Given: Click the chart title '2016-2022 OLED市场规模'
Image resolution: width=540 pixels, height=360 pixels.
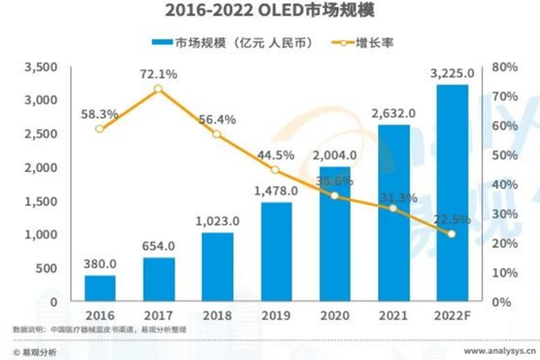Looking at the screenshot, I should (269, 13).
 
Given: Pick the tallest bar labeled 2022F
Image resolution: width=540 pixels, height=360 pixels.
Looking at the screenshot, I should (452, 193).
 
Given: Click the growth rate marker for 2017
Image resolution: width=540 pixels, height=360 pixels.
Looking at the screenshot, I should (158, 88).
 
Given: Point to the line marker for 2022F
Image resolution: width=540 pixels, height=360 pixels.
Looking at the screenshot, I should (452, 234).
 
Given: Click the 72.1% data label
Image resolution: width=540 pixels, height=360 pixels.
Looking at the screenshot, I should (158, 71).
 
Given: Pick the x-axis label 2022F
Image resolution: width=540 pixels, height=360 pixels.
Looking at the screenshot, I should (452, 317).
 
